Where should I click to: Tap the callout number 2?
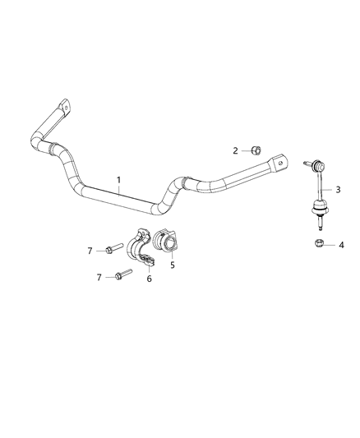pyautogui.click(x=236, y=150)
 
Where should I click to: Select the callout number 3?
pyautogui.click(x=338, y=190)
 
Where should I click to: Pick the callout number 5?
pyautogui.click(x=172, y=264)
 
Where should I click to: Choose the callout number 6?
pyautogui.click(x=149, y=279)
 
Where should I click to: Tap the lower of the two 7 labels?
pyautogui.click(x=100, y=277)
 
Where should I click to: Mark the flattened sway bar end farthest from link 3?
pyautogui.click(x=62, y=108)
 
